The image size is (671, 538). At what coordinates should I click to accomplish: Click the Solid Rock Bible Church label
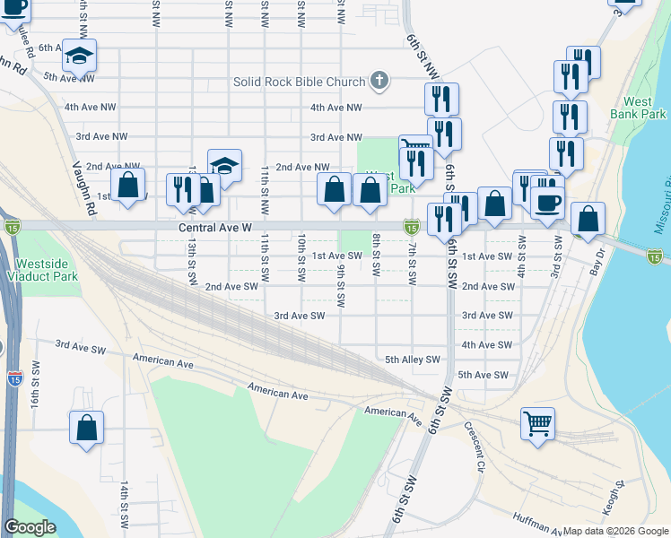tap(299, 82)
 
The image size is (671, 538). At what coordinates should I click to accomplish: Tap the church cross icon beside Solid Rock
tap(379, 82)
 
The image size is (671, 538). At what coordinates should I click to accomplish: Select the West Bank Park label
tap(645, 108)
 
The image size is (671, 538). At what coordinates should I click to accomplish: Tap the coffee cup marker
tap(546, 202)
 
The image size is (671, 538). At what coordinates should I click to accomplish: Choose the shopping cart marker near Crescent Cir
tap(537, 422)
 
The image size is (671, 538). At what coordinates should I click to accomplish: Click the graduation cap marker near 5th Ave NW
tap(79, 56)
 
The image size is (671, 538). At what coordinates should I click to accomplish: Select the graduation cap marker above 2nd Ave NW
tap(224, 165)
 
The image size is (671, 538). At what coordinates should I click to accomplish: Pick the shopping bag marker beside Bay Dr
tap(588, 218)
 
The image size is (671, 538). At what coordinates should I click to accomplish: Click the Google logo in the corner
tap(30, 527)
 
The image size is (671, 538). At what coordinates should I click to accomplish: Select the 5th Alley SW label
tap(413, 360)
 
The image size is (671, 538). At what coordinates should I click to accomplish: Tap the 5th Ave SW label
tap(483, 375)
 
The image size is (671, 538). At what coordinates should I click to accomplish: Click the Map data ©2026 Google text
tap(615, 531)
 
